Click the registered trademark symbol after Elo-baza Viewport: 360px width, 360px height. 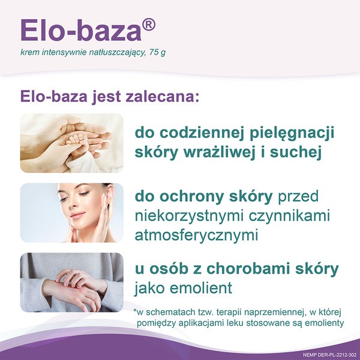(149, 25)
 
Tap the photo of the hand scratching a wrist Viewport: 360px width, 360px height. (71, 282)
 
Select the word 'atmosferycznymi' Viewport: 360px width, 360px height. (196, 235)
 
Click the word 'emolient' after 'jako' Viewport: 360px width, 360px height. (202, 288)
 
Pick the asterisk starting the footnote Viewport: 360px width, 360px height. (136, 311)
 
